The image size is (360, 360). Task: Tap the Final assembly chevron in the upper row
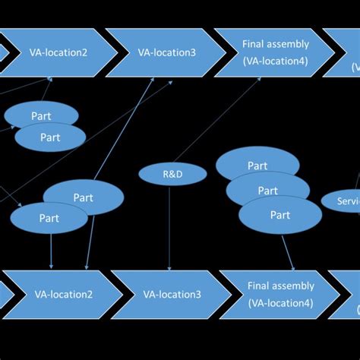(x=275, y=52)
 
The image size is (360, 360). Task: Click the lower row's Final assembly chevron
(x=280, y=294)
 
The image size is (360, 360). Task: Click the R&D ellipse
(x=172, y=174)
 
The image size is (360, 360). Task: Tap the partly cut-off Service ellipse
(x=340, y=201)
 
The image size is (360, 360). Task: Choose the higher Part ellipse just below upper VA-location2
(x=41, y=115)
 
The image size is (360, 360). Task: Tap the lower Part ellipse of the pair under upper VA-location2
(x=50, y=137)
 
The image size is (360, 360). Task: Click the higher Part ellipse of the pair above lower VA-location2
(x=84, y=197)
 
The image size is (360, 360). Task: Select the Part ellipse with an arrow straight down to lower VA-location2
(x=47, y=218)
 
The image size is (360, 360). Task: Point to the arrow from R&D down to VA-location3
(x=169, y=228)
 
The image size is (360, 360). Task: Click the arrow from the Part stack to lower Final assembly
(x=288, y=251)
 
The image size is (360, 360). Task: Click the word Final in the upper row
(x=254, y=45)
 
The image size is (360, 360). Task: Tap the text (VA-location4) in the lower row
(x=280, y=302)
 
